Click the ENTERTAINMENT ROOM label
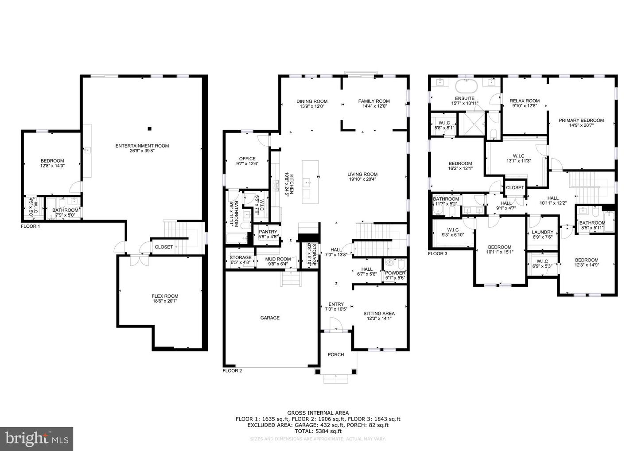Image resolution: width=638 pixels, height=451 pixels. pyautogui.click(x=142, y=146)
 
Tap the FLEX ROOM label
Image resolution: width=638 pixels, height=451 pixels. pyautogui.click(x=165, y=296)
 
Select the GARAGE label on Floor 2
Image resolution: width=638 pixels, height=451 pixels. pyautogui.click(x=270, y=318)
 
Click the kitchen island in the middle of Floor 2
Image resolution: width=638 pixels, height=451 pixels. pyautogui.click(x=310, y=182)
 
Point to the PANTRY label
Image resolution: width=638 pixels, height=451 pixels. pyautogui.click(x=268, y=232)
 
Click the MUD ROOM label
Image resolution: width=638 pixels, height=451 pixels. pyautogui.click(x=278, y=259)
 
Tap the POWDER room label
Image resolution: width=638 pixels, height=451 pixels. pyautogui.click(x=395, y=273)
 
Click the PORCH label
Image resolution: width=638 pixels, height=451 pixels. pyautogui.click(x=335, y=354)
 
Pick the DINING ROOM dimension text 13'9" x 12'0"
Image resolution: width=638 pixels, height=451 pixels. pyautogui.click(x=312, y=106)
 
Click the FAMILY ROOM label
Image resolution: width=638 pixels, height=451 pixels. pyautogui.click(x=374, y=101)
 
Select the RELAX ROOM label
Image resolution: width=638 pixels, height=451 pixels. pyautogui.click(x=525, y=101)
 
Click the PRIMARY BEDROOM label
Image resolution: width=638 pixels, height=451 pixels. pyautogui.click(x=581, y=120)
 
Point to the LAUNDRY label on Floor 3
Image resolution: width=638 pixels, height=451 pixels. pyautogui.click(x=542, y=232)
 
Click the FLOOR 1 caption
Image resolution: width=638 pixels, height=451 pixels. pyautogui.click(x=31, y=226)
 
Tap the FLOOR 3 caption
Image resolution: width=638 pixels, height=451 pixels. pyautogui.click(x=438, y=254)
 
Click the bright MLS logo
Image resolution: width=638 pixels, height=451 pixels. pyautogui.click(x=37, y=439)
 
